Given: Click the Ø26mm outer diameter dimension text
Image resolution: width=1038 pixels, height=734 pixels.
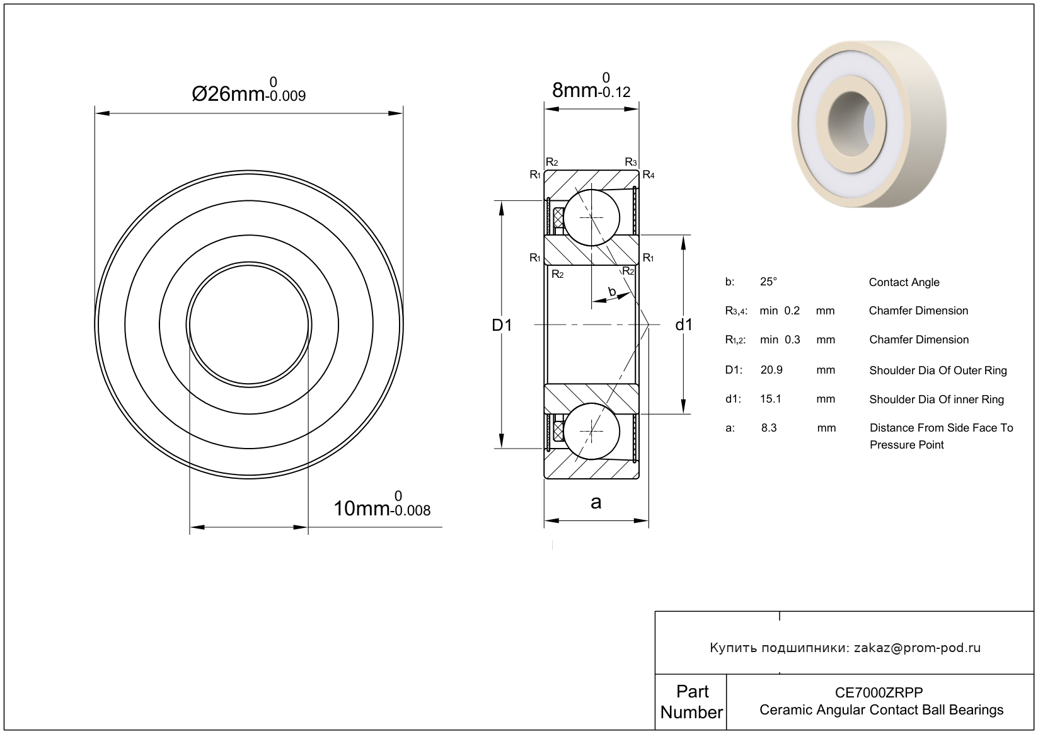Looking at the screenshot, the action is pos(249,90).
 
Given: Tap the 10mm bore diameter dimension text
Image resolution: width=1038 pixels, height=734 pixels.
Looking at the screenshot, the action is pos(382,505).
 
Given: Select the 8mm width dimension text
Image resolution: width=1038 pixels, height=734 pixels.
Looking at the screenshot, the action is pos(591,86).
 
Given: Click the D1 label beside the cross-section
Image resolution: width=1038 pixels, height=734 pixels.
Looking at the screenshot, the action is pos(502,325).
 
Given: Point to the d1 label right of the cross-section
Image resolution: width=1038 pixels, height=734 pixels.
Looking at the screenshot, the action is pos(684,325).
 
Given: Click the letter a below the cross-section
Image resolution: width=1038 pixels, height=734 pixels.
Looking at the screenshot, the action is pos(596,502).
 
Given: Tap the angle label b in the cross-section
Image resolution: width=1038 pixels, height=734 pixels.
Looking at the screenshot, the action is pos(612,291).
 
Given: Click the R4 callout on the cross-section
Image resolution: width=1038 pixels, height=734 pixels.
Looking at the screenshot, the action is pos(649,175).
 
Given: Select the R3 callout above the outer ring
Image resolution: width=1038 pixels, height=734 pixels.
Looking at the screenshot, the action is pos(631,162).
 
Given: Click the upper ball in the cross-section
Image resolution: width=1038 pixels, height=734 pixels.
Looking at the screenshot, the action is pos(592,217).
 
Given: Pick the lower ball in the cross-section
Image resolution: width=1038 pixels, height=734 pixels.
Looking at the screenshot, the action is pos(592,431).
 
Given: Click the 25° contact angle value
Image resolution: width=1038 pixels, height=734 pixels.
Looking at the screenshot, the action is pos(768,282).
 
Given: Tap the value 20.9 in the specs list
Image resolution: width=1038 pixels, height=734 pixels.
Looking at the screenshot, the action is pos(771,370).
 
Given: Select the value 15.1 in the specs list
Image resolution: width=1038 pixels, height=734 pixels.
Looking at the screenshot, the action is pos(771,399).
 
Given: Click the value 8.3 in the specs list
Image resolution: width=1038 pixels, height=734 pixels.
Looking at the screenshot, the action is pos(769,428).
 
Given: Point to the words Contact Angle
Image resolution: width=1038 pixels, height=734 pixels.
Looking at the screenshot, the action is pos(904,282).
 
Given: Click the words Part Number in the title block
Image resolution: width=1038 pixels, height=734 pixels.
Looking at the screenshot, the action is pos(692,702).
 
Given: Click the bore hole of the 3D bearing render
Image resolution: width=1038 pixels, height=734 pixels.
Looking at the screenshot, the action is pos(851,123).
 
